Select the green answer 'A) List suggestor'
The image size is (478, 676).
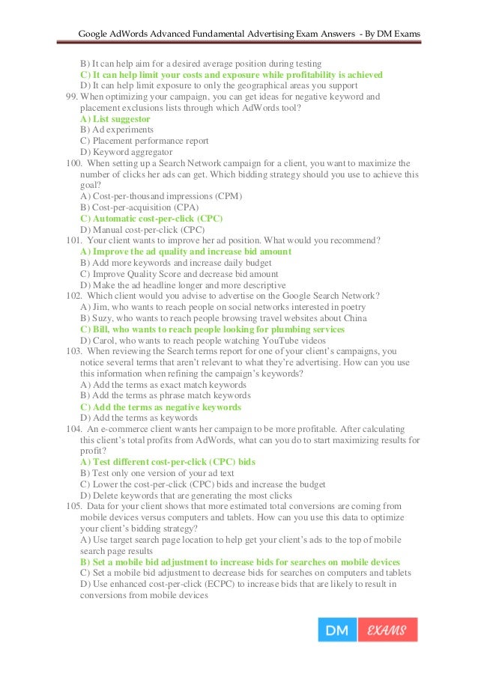pos(115,119)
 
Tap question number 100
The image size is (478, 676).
pos(73,163)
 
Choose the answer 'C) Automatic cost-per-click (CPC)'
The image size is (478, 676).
pos(151,218)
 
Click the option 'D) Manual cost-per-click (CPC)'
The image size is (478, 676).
pos(142,229)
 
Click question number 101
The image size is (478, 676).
pos(73,240)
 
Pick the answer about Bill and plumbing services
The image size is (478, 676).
pos(212,329)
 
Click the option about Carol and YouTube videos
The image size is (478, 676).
pos(198,340)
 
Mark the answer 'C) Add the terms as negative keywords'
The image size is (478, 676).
pos(160,406)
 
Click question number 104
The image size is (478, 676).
pos(73,429)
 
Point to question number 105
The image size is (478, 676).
pos(73,506)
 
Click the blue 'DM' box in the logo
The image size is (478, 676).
pos(337,630)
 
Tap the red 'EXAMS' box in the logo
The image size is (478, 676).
pos(387,630)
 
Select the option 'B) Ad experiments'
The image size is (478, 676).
pos(112,130)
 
